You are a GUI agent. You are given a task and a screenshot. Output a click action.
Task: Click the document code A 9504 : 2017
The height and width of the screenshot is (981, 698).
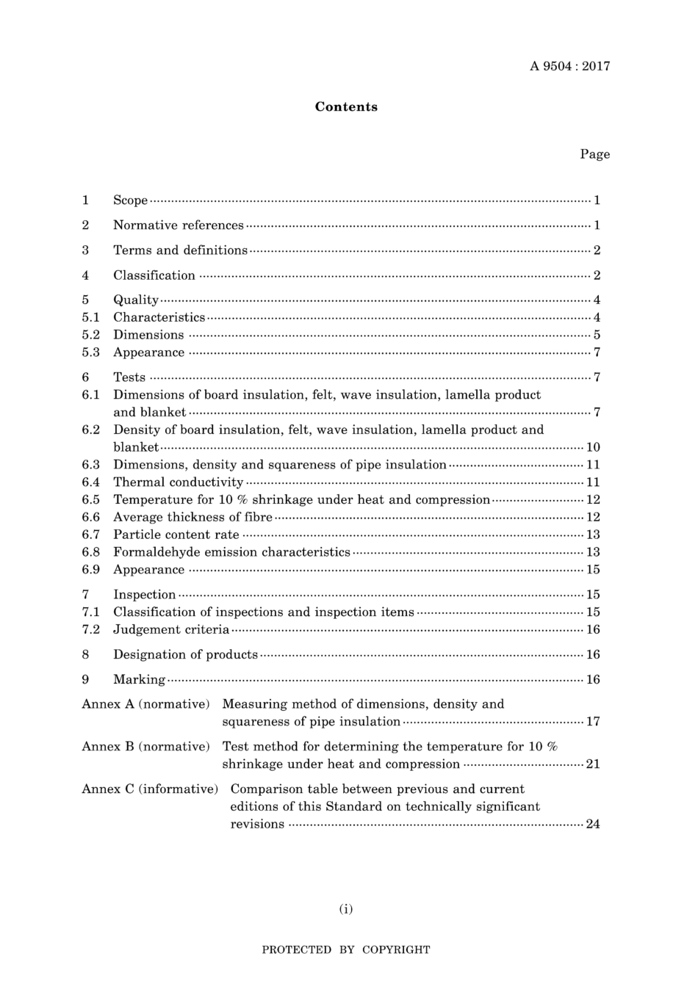point(569,66)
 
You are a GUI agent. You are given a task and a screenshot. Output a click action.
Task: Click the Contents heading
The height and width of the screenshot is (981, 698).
point(346,107)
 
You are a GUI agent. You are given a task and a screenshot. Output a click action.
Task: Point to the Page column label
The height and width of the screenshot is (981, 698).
point(594,154)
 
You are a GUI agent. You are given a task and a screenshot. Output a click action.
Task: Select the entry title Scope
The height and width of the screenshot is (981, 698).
point(131,200)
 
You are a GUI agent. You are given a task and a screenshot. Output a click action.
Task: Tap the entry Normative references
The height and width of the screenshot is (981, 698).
point(179,225)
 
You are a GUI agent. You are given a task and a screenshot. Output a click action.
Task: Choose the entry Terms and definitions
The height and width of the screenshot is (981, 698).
point(180,250)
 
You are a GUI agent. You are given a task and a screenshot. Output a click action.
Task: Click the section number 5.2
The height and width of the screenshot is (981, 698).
point(91,335)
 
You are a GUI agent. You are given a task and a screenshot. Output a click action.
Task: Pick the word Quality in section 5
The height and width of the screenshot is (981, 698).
point(136,300)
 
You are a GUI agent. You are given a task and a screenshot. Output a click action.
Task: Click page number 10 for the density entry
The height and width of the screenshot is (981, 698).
point(593,447)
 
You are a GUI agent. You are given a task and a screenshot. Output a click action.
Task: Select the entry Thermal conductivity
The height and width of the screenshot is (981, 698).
point(179,482)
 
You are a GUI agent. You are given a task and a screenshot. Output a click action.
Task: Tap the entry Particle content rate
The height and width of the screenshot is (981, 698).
point(176,535)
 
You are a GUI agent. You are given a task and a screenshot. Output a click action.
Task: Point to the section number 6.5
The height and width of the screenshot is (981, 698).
point(91,500)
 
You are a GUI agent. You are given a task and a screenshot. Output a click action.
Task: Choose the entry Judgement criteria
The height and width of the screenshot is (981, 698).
point(171,629)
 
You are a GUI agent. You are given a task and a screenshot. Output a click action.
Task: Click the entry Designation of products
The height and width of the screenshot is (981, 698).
point(186,654)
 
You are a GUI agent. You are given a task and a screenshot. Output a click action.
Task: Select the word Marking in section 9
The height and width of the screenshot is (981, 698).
point(140,679)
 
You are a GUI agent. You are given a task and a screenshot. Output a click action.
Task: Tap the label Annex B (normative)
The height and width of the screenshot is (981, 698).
point(146,747)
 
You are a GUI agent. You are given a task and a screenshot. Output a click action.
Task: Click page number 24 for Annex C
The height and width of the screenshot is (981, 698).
point(593,824)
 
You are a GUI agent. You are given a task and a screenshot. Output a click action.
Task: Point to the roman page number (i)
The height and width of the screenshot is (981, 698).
point(346,909)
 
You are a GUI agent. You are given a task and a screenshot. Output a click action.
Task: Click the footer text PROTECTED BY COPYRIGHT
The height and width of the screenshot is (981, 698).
point(346,949)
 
